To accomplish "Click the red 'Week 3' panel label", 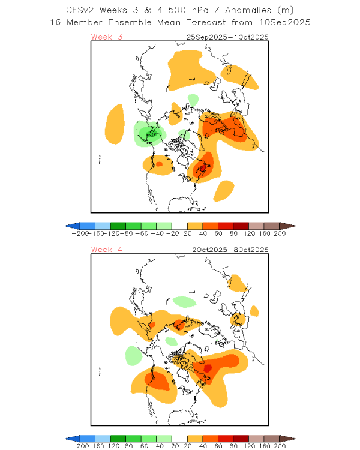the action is tap(107, 37).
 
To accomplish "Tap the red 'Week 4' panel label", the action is tap(107, 250).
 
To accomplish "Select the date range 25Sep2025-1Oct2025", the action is tap(227, 37).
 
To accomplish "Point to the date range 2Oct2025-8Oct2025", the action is tap(230, 250).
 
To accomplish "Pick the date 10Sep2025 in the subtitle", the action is tap(285, 22).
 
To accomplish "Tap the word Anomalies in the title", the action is tap(248, 10).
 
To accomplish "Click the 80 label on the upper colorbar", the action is tap(233, 233).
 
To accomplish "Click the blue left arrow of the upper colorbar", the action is tap(73, 226).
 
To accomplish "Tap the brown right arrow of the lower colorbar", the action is tap(287, 439).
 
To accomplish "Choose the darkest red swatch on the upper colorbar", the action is tap(241, 226).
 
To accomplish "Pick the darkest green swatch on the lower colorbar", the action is tap(118, 439).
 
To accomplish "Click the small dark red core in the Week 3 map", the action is tap(205, 167).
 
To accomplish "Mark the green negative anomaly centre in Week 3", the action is tap(151, 133).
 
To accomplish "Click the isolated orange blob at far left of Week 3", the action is tap(115, 124).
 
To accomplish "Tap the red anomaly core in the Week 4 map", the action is tap(208, 368).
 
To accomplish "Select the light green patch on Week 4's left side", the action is tap(134, 355).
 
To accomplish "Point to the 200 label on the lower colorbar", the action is tap(280, 446).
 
